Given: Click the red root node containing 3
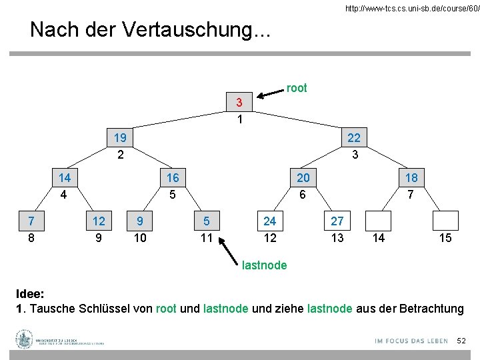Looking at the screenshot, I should point(239,103).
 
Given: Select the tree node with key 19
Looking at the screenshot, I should point(120,138).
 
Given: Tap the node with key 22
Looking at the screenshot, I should point(354,138).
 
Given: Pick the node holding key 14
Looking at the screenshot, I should point(65,178).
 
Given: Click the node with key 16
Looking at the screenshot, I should point(172,178).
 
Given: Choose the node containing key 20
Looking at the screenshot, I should point(303,178).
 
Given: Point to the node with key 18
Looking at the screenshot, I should point(411,178).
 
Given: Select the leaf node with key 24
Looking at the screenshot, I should point(270,220).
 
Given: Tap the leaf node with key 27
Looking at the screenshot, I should point(337,220).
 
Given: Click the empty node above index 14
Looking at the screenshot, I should point(378,220).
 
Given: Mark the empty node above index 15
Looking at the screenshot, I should point(445,220).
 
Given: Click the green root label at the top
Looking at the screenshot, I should point(297,88).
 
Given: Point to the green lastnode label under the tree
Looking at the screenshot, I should point(265,265).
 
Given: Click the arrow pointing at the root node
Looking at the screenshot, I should point(270,93).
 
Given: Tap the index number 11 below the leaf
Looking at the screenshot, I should point(207,237).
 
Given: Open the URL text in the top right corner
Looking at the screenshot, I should point(411,9).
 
